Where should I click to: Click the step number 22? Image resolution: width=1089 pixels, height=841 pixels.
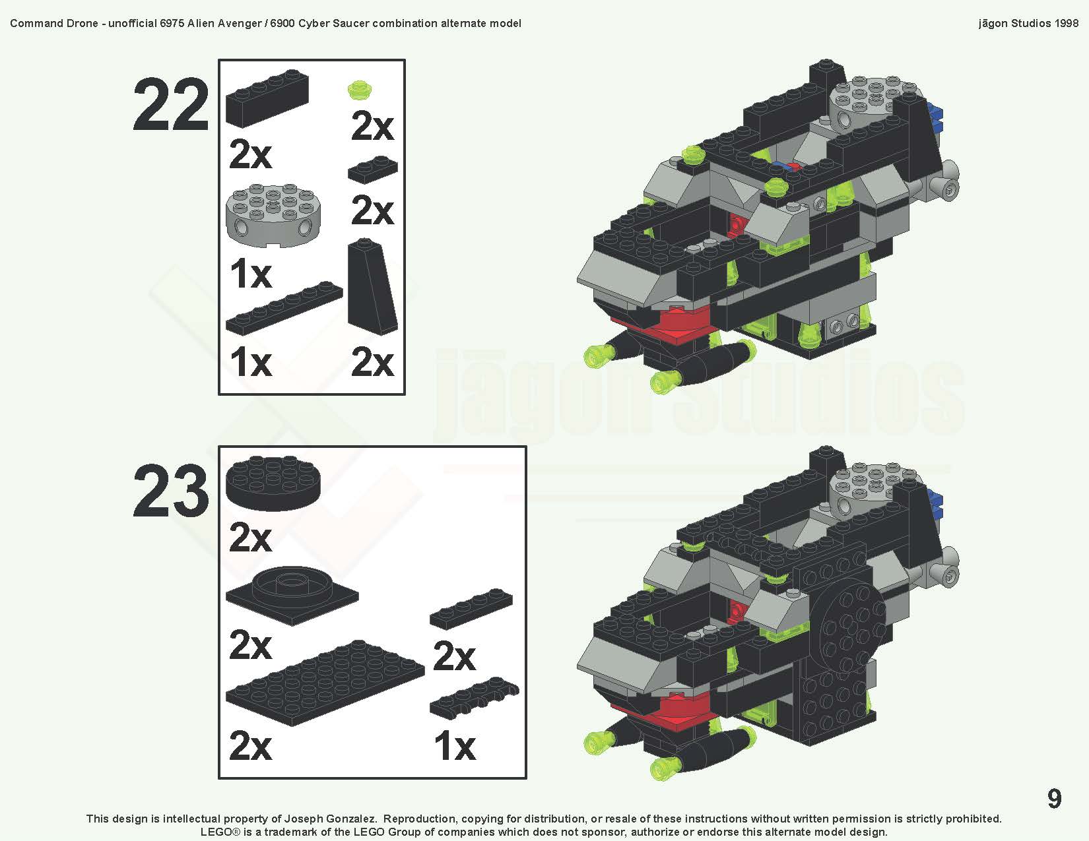click(x=171, y=105)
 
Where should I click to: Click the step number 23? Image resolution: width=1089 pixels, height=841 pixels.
click(x=171, y=491)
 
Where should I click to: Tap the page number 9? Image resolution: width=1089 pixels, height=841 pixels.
click(x=1054, y=799)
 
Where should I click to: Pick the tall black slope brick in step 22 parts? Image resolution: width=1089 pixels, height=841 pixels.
click(x=372, y=288)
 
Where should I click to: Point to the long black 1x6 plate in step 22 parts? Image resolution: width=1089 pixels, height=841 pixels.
click(x=284, y=308)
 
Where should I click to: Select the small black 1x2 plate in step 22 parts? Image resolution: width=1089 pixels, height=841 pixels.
click(x=373, y=170)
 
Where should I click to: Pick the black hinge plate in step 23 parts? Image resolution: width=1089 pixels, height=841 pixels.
click(x=473, y=699)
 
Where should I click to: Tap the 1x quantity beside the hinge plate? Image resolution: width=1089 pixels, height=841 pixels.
click(x=454, y=747)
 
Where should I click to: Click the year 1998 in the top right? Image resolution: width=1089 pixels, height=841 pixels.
click(x=1066, y=23)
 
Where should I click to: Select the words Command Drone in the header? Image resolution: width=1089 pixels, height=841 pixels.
click(x=54, y=23)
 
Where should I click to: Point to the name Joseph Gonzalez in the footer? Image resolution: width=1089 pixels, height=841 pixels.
click(x=329, y=819)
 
